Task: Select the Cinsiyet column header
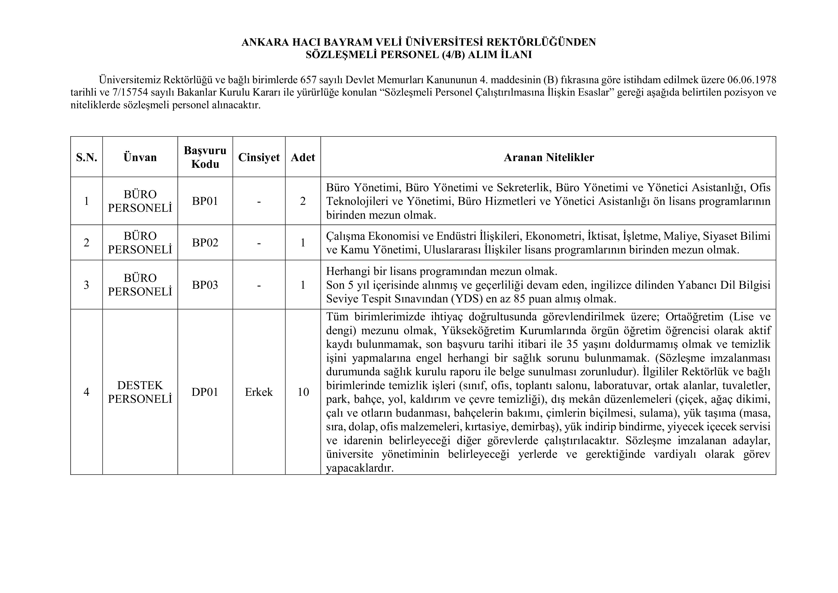point(259,157)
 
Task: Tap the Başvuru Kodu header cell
point(205,157)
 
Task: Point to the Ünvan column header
point(140,157)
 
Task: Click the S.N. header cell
point(86,157)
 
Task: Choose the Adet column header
point(303,157)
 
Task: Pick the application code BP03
point(205,285)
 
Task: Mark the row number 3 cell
point(86,285)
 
